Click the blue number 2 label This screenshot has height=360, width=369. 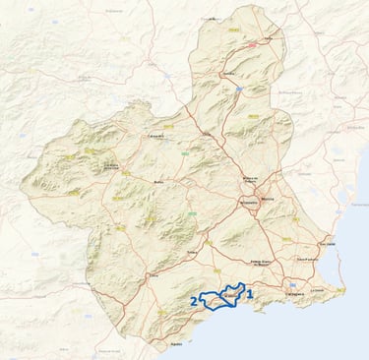coord(192,301)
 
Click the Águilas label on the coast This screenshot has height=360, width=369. coord(177,344)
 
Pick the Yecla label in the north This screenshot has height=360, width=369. coord(268,39)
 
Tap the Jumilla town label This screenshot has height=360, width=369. coord(229,74)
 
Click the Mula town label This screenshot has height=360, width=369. coord(159,182)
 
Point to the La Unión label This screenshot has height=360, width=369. coord(316,290)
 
